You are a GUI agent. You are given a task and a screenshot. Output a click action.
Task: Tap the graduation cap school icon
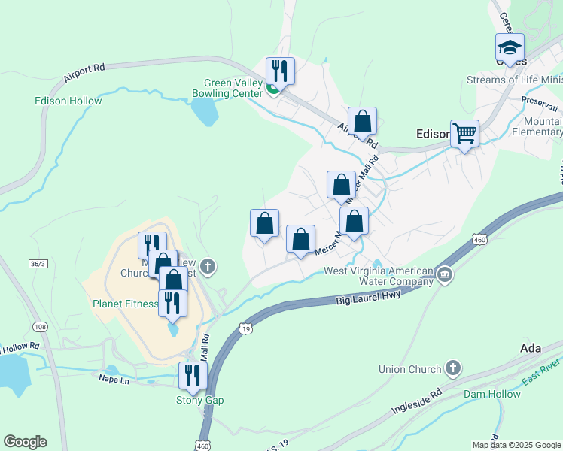(x=510, y=47)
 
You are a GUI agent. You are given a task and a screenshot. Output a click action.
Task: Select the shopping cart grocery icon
(x=464, y=134)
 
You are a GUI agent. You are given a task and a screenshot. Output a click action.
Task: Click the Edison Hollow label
(x=68, y=101)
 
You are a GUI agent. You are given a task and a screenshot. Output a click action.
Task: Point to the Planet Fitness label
(x=125, y=304)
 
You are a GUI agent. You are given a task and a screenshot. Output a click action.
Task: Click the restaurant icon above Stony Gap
(x=192, y=375)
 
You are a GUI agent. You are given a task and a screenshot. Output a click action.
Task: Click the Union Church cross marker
(x=452, y=368)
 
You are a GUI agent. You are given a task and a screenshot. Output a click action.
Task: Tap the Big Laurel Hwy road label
(x=367, y=298)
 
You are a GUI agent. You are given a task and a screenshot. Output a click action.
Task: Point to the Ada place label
(x=531, y=348)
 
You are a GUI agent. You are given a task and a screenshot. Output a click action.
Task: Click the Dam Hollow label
(x=491, y=394)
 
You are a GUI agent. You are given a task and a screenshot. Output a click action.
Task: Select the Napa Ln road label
(x=115, y=380)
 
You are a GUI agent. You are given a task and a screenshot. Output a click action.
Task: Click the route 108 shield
(x=40, y=326)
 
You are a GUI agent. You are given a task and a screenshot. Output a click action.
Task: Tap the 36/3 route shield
(x=37, y=263)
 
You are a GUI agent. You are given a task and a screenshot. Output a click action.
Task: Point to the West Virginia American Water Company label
(x=378, y=277)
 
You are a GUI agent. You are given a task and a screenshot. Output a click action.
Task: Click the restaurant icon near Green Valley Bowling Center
(x=281, y=71)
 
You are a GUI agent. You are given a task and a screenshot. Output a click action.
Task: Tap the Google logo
(x=25, y=442)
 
